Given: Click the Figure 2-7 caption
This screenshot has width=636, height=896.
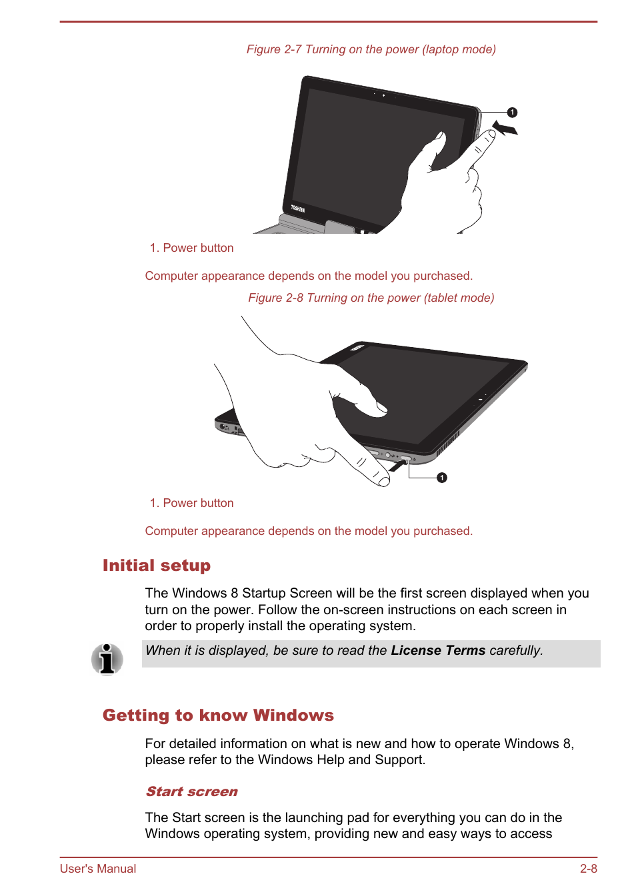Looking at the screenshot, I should tap(371, 49).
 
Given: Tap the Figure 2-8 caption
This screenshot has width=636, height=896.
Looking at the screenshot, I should tap(371, 298).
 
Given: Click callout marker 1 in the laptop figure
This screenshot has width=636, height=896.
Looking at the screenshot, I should tap(512, 113).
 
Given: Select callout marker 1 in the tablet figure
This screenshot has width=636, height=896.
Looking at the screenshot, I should tap(442, 478).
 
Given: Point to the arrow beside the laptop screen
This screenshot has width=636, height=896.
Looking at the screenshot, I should tap(505, 127).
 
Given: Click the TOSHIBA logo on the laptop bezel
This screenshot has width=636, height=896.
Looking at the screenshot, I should tap(297, 209).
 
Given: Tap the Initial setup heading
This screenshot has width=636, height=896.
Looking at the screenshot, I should tap(157, 566).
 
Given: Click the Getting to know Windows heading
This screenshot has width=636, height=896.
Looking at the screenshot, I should tap(218, 715).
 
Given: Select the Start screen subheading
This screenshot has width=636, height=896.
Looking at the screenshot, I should tap(191, 791).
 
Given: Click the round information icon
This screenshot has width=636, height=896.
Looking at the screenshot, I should tap(107, 659).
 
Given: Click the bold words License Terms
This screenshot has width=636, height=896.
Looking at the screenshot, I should tap(438, 650).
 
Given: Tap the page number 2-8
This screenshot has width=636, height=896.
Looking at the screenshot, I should tap(588, 869).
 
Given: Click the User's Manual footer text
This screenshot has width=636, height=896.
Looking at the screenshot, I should tap(98, 869).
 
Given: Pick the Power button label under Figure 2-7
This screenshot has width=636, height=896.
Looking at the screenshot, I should tap(191, 248).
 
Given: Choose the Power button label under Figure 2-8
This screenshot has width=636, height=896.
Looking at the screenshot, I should tap(191, 503).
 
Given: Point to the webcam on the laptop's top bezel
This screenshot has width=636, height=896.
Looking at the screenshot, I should tap(383, 95).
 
